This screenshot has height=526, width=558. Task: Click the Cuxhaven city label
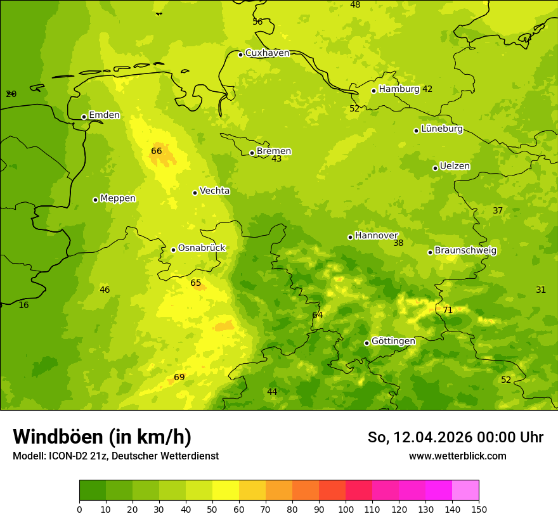[x=267, y=53]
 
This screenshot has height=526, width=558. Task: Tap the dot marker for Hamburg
[x=374, y=91]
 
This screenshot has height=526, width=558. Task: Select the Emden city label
[x=104, y=115]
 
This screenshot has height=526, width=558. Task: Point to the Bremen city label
[x=274, y=151]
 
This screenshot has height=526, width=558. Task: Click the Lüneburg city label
[x=442, y=129]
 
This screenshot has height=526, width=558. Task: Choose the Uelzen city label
[x=455, y=167]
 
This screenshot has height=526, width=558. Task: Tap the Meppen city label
[x=118, y=198]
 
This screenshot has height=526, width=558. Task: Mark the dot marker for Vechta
[x=195, y=193]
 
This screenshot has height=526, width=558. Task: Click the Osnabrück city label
[x=202, y=248]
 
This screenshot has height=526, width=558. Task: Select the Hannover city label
[x=376, y=236]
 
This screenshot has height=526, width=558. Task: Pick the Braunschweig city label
[x=465, y=251]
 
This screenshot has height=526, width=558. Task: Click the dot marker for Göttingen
[x=367, y=343]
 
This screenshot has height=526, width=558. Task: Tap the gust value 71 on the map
[x=448, y=311]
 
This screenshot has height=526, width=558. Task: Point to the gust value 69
[x=179, y=378]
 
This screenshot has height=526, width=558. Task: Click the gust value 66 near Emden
[x=157, y=151]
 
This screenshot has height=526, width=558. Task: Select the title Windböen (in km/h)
[x=102, y=437]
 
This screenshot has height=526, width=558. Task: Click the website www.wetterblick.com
[x=457, y=456]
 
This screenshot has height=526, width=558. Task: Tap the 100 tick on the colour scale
[x=346, y=509]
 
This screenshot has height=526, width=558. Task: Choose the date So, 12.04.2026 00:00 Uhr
[x=455, y=437]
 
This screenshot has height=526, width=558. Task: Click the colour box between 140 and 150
[x=465, y=491]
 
